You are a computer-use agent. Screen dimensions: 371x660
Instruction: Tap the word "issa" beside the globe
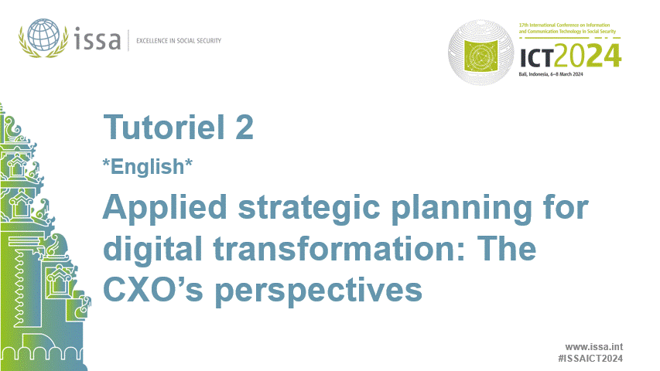point(98,39)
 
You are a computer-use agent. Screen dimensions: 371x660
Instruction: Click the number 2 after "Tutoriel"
point(243,128)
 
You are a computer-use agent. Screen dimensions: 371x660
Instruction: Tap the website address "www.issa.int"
point(594,347)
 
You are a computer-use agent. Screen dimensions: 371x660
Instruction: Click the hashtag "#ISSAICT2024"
point(590,359)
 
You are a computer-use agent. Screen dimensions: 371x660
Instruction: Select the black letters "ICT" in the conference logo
point(538,56)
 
